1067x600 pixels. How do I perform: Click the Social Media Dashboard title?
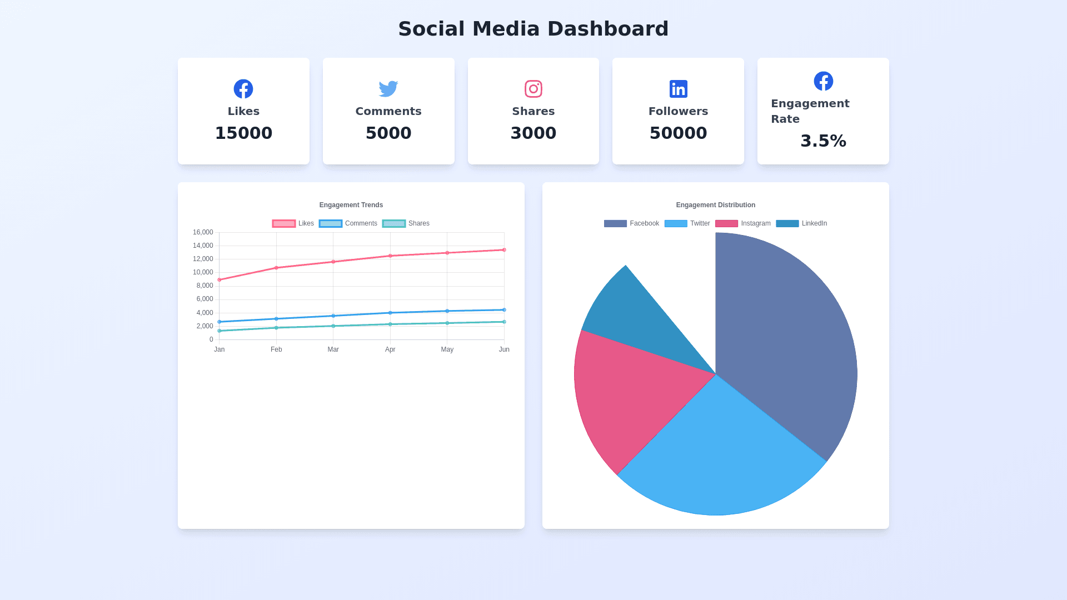pos(533,29)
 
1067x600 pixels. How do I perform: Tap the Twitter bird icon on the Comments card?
pos(388,88)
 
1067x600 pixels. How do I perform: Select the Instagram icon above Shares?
pos(533,89)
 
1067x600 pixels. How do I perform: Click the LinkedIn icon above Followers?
pos(678,89)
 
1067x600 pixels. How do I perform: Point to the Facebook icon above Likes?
pos(243,89)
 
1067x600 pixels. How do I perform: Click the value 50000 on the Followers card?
pos(678,133)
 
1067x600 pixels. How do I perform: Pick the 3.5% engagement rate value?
pos(823,141)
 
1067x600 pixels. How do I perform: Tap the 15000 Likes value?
pos(243,133)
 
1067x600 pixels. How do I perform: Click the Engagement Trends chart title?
pos(351,205)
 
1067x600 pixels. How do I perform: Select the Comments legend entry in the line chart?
pos(348,223)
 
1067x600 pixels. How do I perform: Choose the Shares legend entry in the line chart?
pos(406,223)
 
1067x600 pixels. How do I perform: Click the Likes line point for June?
pos(504,250)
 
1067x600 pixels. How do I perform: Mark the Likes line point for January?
pos(220,279)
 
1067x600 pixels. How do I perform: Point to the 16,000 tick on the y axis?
pos(203,232)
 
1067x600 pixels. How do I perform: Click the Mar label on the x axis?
pos(333,349)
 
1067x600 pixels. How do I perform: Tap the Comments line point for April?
pos(390,313)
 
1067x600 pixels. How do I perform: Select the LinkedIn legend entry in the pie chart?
pos(801,223)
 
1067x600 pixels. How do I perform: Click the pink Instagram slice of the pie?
pos(628,394)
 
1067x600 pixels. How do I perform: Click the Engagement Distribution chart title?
pos(715,205)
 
